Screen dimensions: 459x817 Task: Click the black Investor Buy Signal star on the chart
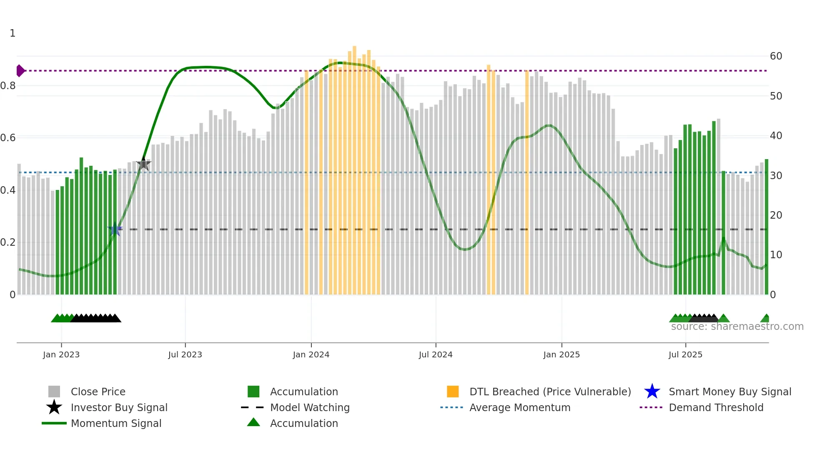point(144,164)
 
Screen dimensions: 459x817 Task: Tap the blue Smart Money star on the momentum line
point(115,229)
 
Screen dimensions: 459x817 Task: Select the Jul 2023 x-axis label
point(185,354)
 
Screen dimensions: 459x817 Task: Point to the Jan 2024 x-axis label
point(311,354)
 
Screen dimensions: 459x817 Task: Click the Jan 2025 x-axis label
point(561,354)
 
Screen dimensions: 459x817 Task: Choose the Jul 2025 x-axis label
point(685,354)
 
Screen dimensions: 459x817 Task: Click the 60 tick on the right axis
point(776,56)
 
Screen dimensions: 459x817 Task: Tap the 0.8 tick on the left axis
point(8,86)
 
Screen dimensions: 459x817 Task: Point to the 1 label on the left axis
point(13,33)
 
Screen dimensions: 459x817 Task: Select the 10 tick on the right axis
point(776,255)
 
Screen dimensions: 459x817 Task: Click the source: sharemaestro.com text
point(737,327)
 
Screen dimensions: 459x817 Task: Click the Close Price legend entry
point(98,392)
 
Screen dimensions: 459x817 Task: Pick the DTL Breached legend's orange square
point(453,392)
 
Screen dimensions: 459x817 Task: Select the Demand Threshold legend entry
point(716,407)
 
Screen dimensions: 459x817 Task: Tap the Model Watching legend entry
point(309,407)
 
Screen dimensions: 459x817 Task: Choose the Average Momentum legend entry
point(519,407)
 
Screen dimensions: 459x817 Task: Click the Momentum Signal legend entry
point(116,423)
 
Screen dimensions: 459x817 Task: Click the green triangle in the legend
point(253,422)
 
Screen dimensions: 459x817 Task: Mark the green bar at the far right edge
point(766,227)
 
